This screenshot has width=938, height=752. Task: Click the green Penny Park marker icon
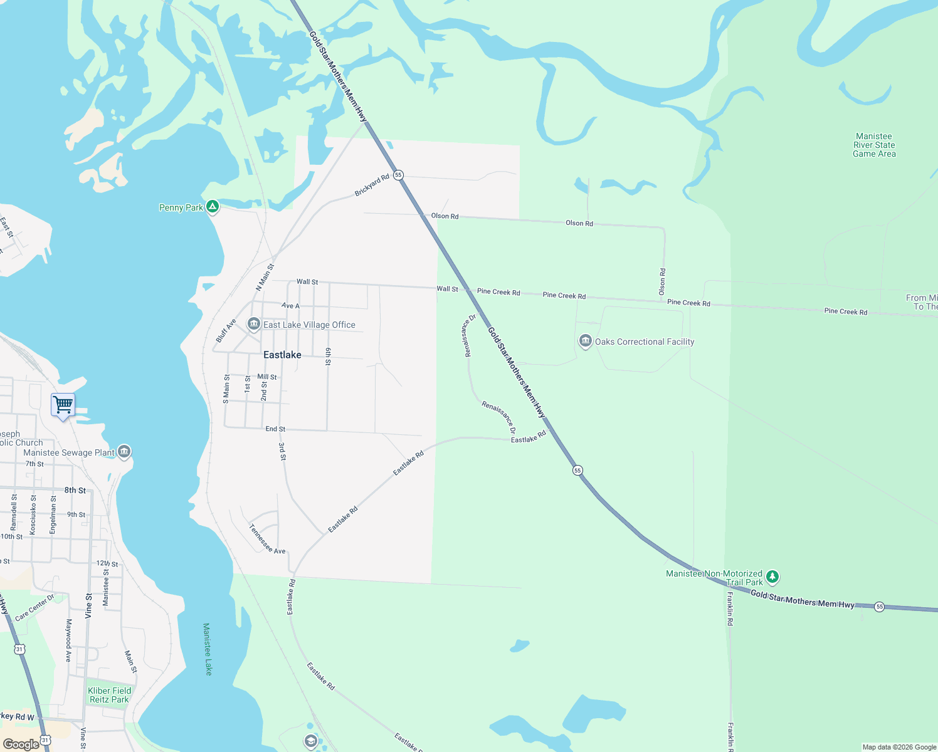[213, 206]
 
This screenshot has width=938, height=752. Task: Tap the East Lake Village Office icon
[254, 324]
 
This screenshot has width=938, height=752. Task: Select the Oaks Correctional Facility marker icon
[586, 341]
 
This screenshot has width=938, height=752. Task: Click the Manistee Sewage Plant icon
[124, 451]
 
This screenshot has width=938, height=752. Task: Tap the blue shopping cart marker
[63, 405]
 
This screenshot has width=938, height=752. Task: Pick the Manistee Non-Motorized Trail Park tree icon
[772, 576]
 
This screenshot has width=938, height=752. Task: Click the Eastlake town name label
[282, 355]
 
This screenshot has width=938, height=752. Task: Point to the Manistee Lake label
[208, 649]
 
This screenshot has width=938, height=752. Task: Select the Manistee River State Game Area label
[874, 145]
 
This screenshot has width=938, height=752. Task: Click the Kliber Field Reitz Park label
[109, 695]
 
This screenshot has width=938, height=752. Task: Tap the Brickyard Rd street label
[372, 185]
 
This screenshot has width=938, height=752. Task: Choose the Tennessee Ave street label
[267, 540]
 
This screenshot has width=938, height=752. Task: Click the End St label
[275, 429]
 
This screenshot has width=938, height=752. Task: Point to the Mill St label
[267, 377]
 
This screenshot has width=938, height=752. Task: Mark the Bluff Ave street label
[226, 331]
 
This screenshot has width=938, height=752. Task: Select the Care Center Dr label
[34, 607]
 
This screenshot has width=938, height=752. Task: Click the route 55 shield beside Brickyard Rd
[398, 175]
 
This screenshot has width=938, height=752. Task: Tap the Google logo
[21, 744]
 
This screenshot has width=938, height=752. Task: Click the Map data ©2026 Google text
[899, 747]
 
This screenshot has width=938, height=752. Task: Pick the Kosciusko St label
[33, 514]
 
